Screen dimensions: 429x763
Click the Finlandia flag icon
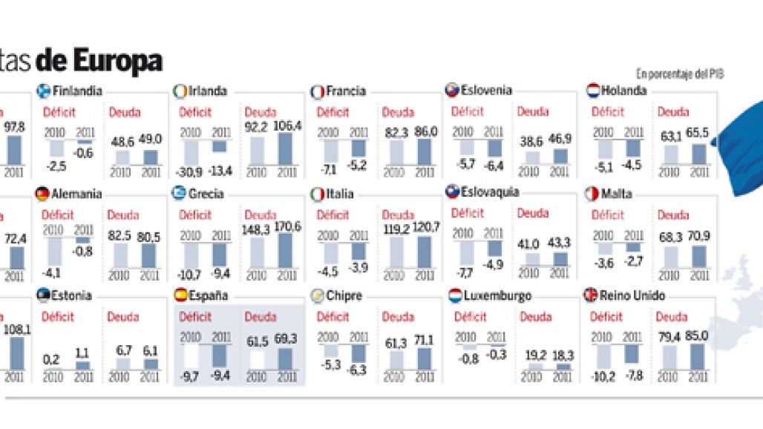click(x=44, y=91)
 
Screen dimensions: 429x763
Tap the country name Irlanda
click(x=207, y=91)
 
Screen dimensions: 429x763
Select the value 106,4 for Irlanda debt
click(x=286, y=126)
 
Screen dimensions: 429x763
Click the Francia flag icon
click(x=317, y=91)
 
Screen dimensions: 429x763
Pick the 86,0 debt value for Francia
click(x=424, y=131)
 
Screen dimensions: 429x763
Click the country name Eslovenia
click(x=486, y=91)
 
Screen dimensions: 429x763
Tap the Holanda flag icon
click(x=593, y=91)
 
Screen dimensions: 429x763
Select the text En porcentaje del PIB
click(x=679, y=73)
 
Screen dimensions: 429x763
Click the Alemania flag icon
click(x=42, y=194)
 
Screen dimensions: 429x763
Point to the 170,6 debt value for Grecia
click(x=286, y=226)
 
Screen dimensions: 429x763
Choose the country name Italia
click(x=339, y=194)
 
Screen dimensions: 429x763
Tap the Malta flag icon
click(x=592, y=194)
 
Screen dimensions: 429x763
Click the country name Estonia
click(x=72, y=295)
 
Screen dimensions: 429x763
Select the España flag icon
click(x=180, y=295)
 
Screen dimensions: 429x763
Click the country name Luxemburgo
click(x=497, y=295)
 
